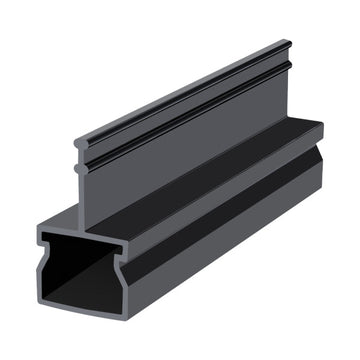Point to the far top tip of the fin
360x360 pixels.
[289, 42]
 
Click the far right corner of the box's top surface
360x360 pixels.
[322, 124]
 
